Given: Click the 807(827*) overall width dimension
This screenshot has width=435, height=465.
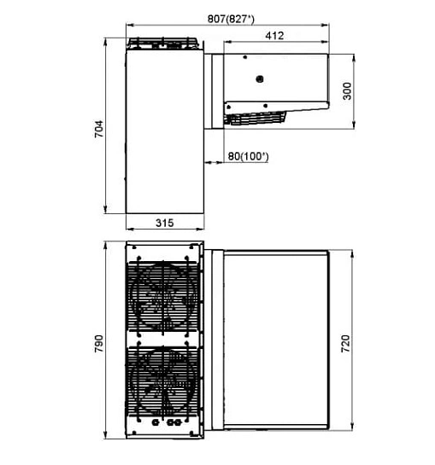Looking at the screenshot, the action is (x=231, y=19).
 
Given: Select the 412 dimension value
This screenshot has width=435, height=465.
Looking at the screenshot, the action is (x=274, y=36).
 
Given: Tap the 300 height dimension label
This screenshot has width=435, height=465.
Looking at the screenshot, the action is (x=347, y=91).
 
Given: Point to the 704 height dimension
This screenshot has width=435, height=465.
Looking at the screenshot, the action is (x=99, y=129).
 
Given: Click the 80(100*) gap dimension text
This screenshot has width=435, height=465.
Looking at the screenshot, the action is (x=248, y=156).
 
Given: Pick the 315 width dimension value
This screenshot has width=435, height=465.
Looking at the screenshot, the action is (x=165, y=223).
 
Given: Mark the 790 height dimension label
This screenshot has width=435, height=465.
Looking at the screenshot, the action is (x=99, y=343).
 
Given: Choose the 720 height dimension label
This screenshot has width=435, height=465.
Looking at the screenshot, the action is (x=345, y=343).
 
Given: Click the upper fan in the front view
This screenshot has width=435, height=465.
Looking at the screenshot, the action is (x=163, y=297).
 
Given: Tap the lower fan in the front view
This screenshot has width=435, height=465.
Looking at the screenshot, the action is (x=163, y=382).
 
